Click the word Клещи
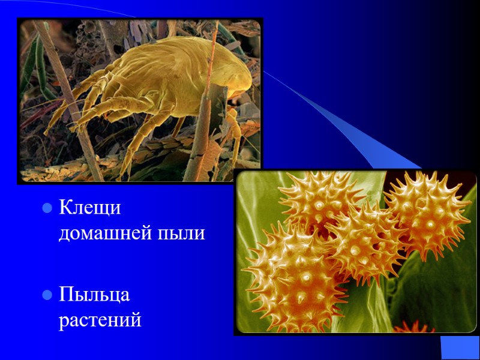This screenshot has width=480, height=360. [x=90, y=208]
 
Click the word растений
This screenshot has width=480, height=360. [x=100, y=320]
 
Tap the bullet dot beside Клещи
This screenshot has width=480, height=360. [x=46, y=209]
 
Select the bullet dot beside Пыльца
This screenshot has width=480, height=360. [x=46, y=295]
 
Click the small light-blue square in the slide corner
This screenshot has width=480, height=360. [x=460, y=347]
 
